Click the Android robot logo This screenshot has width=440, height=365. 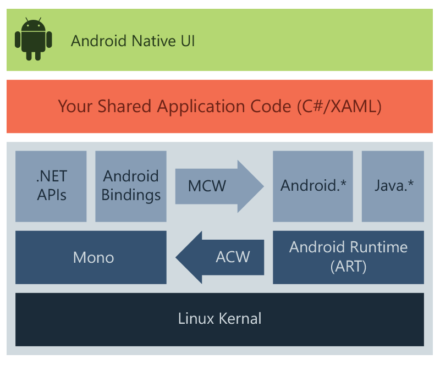(x=33, y=40)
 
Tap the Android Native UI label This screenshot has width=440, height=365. (x=133, y=41)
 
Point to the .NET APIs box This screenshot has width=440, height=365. (x=51, y=186)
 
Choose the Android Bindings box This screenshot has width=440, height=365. (x=131, y=186)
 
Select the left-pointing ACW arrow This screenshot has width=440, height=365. (x=220, y=257)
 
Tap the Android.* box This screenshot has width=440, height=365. (x=313, y=186)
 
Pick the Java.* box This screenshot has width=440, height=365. (x=393, y=186)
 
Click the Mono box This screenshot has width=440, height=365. (x=91, y=257)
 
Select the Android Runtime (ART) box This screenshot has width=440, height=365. (x=348, y=257)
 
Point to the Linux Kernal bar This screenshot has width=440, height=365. (x=219, y=318)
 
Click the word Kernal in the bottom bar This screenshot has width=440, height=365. (x=238, y=318)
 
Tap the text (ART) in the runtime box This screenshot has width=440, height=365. (x=348, y=267)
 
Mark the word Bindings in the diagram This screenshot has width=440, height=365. (x=131, y=195)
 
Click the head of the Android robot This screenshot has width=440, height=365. (x=33, y=25)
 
